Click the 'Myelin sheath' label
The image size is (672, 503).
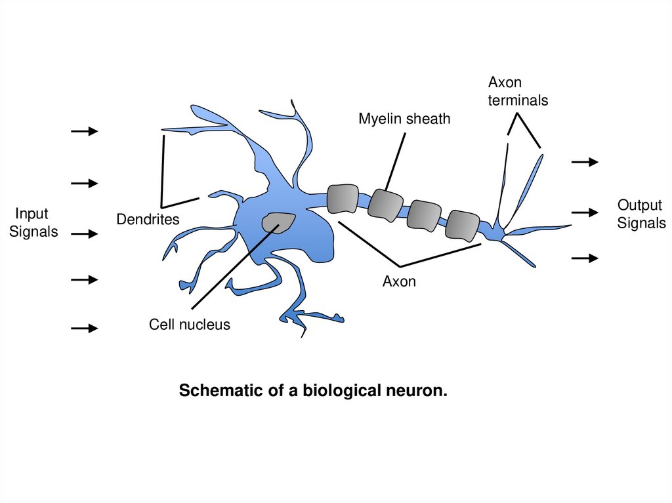pyautogui.click(x=404, y=119)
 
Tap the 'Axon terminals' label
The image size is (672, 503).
pyautogui.click(x=518, y=92)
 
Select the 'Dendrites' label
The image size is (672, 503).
pyautogui.click(x=148, y=219)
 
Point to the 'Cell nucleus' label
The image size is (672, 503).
pyautogui.click(x=190, y=324)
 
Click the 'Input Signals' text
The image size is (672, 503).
pyautogui.click(x=33, y=223)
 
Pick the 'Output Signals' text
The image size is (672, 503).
pyautogui.click(x=640, y=214)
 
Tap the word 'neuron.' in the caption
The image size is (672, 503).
pyautogui.click(x=419, y=392)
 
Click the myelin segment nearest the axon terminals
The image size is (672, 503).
pyautogui.click(x=462, y=225)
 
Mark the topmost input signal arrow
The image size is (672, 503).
pyautogui.click(x=84, y=132)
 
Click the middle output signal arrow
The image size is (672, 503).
pyautogui.click(x=585, y=212)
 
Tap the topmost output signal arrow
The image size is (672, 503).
pyautogui.click(x=585, y=162)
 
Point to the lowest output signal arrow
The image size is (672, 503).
pyautogui.click(x=585, y=258)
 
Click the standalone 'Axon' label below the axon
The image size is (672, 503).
pyautogui.click(x=399, y=282)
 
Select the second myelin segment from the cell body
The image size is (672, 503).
pyautogui.click(x=385, y=204)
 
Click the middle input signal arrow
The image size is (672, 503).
pyautogui.click(x=84, y=233)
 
